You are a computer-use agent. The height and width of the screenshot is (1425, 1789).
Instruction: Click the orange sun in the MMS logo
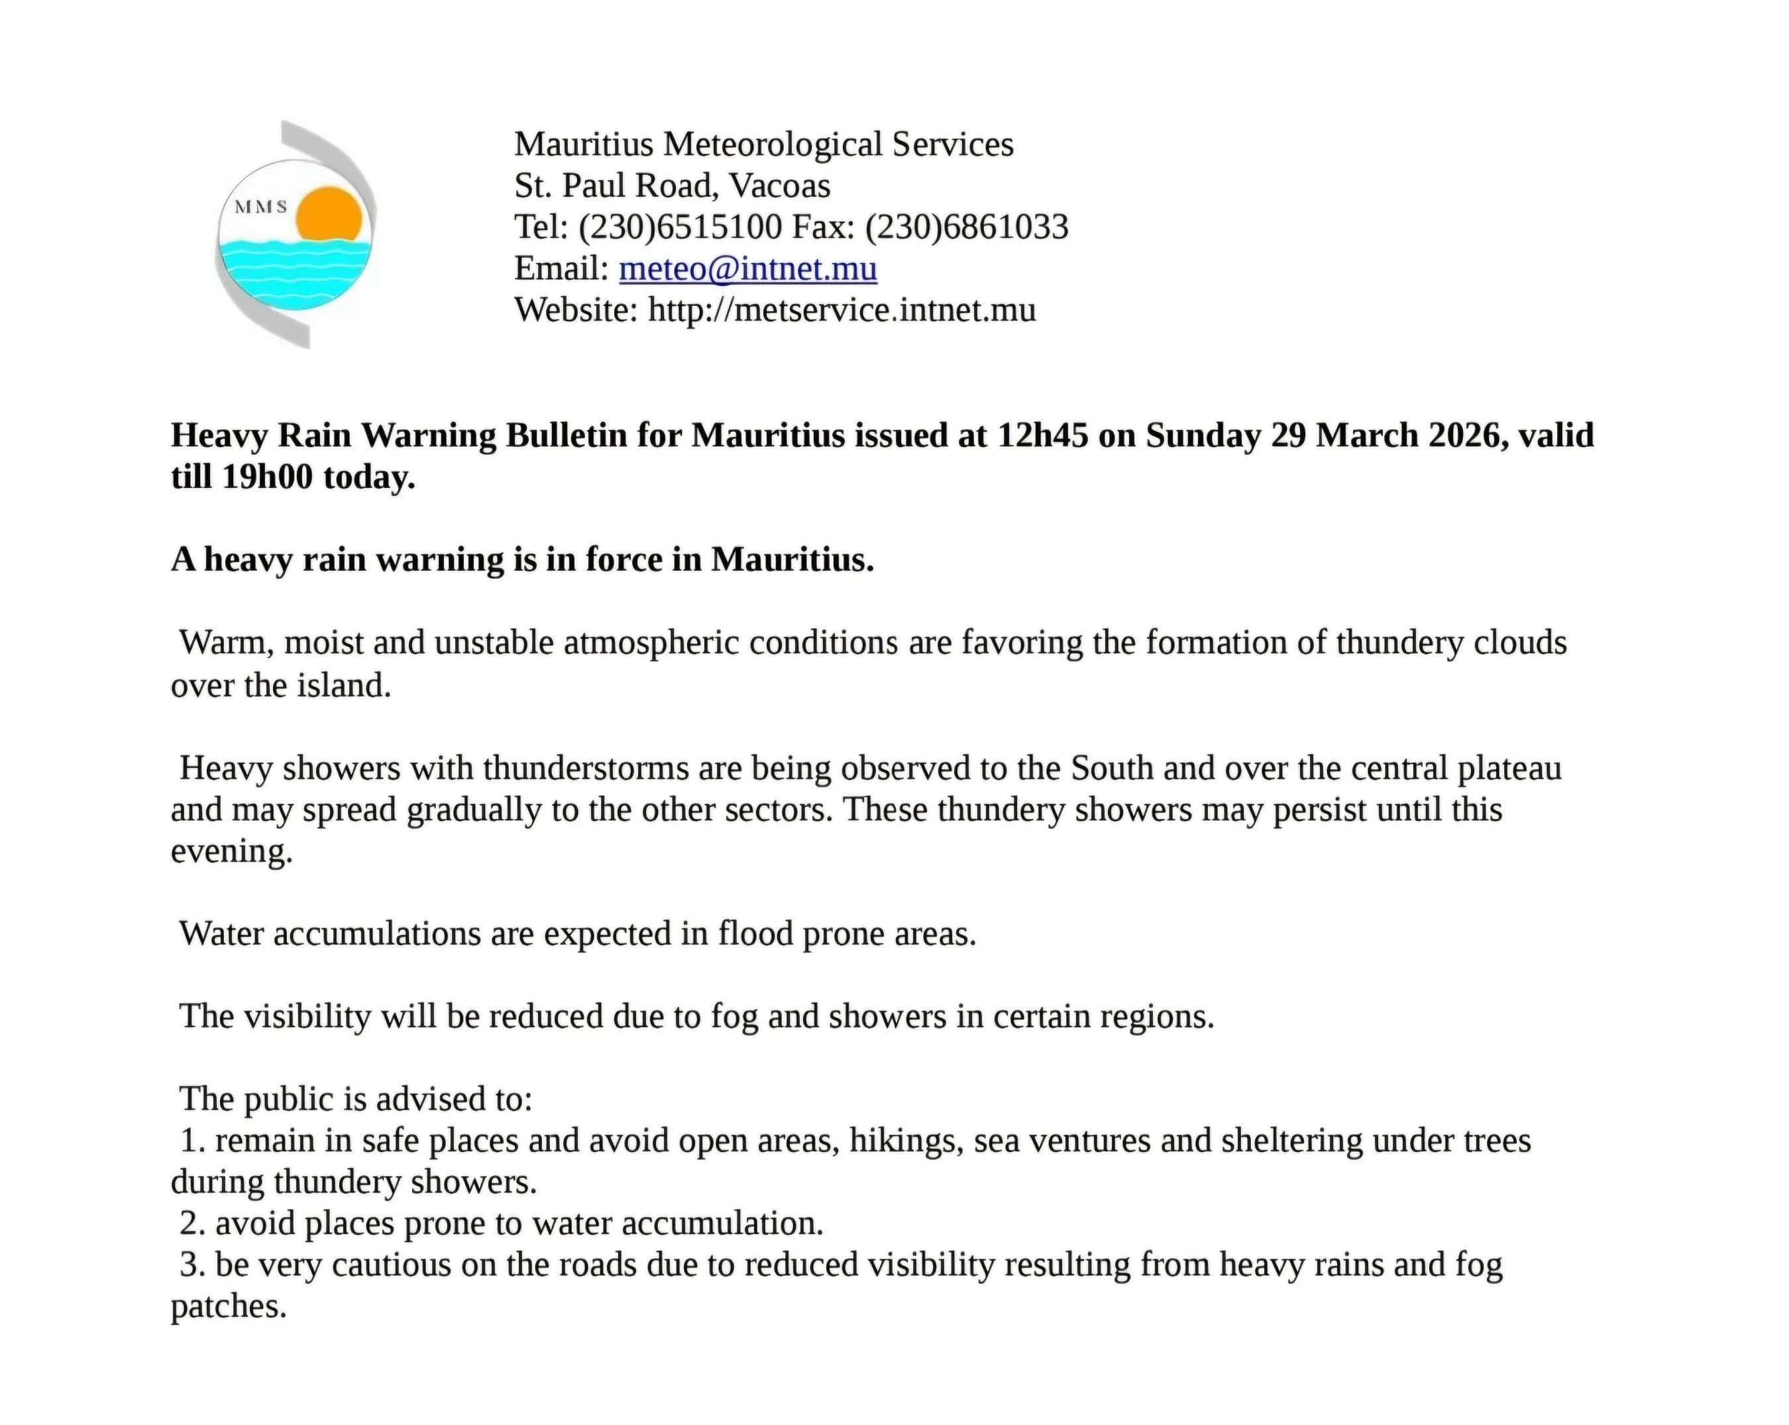click(329, 215)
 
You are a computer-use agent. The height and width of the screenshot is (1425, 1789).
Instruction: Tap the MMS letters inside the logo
click(260, 207)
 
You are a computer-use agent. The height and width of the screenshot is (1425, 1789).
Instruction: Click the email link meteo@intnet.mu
click(747, 269)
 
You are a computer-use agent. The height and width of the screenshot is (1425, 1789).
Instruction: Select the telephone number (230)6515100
click(680, 227)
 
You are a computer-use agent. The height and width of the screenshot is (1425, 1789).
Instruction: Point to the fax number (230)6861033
click(967, 227)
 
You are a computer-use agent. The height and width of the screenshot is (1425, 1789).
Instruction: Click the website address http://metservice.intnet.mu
click(841, 310)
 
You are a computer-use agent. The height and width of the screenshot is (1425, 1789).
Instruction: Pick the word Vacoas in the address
click(779, 186)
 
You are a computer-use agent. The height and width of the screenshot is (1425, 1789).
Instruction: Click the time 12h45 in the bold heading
click(1042, 436)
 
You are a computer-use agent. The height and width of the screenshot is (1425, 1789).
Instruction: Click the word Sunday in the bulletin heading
click(1203, 436)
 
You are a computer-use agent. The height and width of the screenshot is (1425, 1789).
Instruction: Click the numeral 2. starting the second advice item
click(193, 1224)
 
